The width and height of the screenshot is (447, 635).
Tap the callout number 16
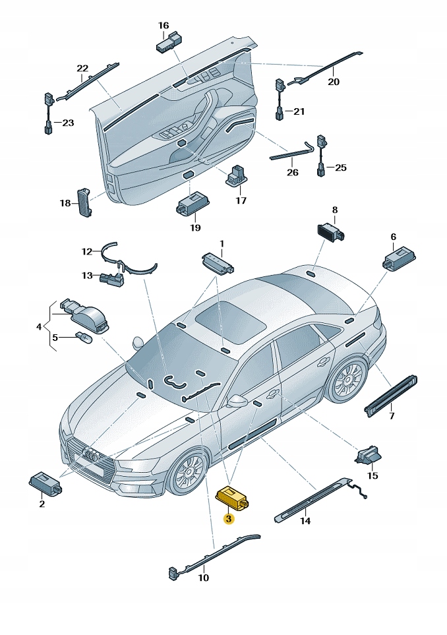point(164,26)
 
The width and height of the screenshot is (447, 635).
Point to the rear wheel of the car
point(347,380)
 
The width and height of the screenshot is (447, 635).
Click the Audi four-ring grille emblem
point(92,456)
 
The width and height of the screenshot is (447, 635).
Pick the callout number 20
point(334,82)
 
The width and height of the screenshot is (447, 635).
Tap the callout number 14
point(305,520)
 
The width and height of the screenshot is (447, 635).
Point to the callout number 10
point(203,578)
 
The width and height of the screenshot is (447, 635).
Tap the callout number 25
point(340,167)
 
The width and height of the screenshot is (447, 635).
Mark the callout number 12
point(87,252)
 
